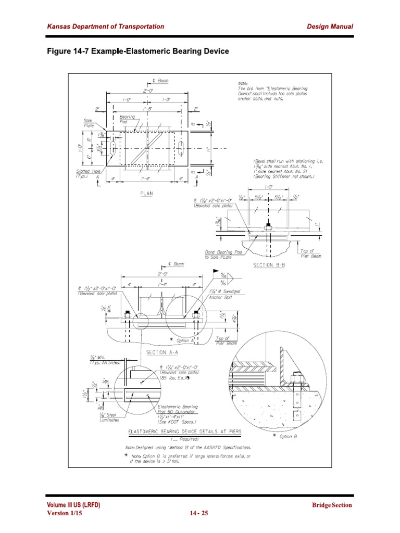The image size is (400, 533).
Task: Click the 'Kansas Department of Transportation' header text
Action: pyautogui.click(x=106, y=27)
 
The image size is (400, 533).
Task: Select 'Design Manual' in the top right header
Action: pyautogui.click(x=330, y=27)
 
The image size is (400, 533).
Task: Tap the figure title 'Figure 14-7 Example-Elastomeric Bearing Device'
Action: pyautogui.click(x=138, y=52)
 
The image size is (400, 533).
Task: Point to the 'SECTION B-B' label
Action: pyautogui.click(x=269, y=265)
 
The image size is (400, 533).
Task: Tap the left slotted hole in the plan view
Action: pyautogui.click(x=112, y=148)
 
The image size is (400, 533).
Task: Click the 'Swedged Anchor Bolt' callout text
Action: pyautogui.click(x=224, y=295)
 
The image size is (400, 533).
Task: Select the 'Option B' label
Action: pyautogui.click(x=287, y=436)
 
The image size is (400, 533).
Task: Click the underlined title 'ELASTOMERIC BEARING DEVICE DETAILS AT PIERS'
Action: pyautogui.click(x=185, y=432)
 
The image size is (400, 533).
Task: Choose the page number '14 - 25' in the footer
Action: pyautogui.click(x=198, y=513)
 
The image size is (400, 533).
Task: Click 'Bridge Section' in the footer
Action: pyautogui.click(x=332, y=505)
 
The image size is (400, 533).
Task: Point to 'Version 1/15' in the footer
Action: pyautogui.click(x=65, y=513)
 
